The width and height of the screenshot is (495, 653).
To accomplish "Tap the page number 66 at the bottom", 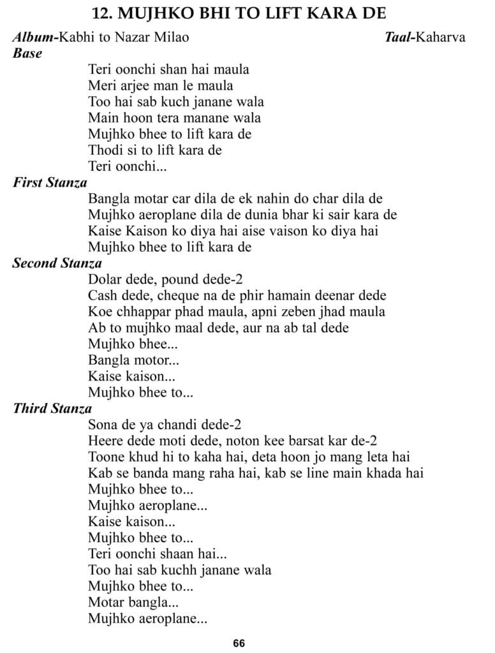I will [239, 643].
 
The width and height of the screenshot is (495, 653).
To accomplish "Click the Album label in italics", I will [33, 38].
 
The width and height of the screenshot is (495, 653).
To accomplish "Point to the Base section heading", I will [27, 54].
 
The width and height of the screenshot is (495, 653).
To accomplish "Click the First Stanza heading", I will [50, 183].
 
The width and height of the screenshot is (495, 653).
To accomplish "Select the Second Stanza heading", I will [57, 263].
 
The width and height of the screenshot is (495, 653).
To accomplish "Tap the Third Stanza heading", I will [52, 408].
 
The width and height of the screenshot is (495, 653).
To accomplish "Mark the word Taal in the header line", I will [399, 38].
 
